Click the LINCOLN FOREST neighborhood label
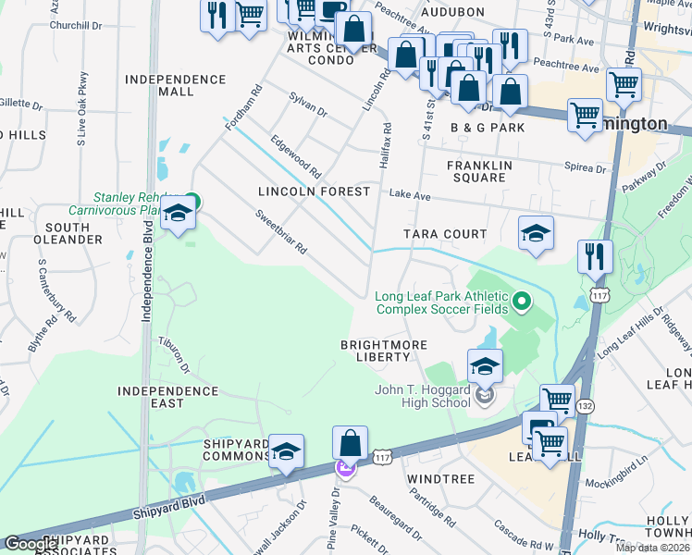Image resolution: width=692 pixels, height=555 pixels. point(314,191)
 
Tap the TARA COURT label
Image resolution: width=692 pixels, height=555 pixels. point(445,234)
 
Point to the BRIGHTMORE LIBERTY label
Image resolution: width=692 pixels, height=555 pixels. point(384,351)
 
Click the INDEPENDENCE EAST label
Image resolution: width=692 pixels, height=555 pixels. point(167,399)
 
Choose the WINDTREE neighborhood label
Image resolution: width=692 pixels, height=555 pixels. point(440,479)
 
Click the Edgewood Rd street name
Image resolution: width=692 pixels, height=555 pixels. point(295,158)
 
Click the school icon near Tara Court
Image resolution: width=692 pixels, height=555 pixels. point(536,235)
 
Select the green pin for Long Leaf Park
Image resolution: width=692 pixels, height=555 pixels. point(522,302)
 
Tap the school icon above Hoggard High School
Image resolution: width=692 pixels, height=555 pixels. point(485,367)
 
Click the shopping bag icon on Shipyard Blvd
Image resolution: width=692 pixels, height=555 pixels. point(350,444)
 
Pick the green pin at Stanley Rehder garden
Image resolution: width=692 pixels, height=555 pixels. point(192,199)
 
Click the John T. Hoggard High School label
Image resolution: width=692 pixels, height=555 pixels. point(422,396)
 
